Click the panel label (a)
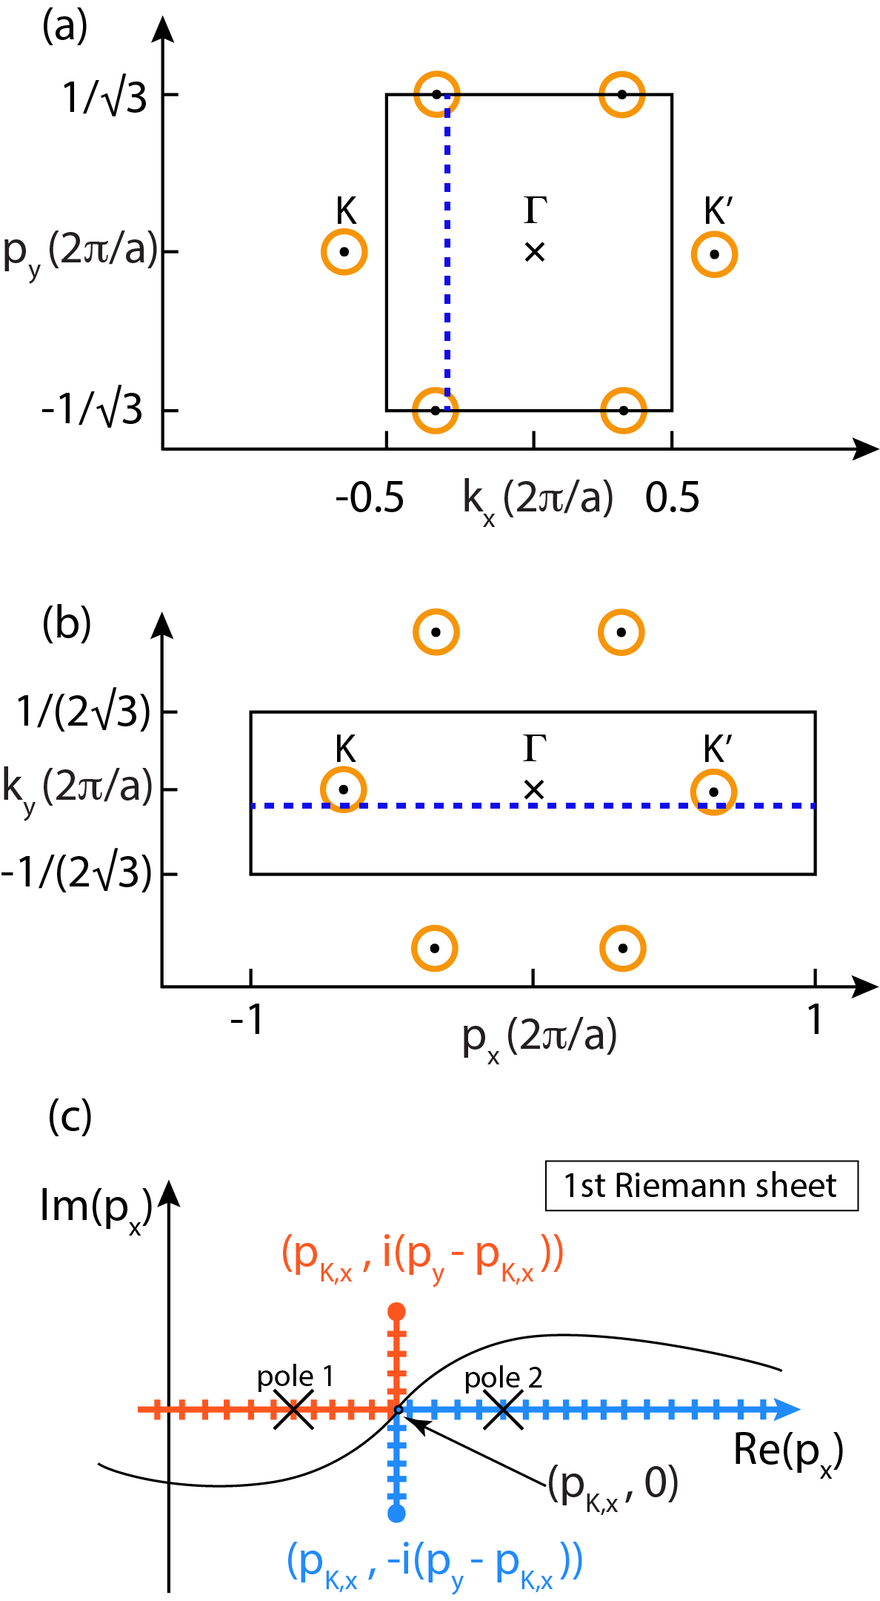click(x=65, y=27)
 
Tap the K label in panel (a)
click(x=346, y=211)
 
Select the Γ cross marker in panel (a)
click(x=534, y=252)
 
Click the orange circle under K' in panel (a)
click(x=714, y=254)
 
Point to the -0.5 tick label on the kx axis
click(x=370, y=497)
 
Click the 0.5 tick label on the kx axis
click(x=672, y=497)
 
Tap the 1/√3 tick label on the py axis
click(x=104, y=98)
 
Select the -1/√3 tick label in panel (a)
click(x=92, y=408)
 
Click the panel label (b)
click(x=67, y=624)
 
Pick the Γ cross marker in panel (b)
click(x=533, y=789)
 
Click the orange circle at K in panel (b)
click(x=344, y=790)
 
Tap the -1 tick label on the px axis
click(x=247, y=1021)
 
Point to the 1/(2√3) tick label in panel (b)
click(x=84, y=712)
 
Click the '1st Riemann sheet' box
click(x=701, y=1186)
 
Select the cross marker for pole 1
click(x=293, y=1410)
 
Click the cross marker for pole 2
click(x=503, y=1410)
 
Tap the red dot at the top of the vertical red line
click(x=397, y=1312)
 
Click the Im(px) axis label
click(x=95, y=1208)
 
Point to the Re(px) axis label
click(x=787, y=1451)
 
